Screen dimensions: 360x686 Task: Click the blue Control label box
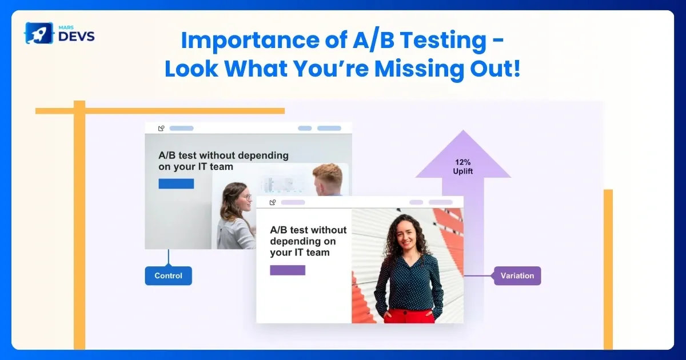[168, 275]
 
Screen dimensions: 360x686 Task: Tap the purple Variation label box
[517, 275]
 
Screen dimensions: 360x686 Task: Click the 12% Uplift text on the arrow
[463, 166]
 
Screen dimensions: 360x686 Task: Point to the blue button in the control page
[176, 183]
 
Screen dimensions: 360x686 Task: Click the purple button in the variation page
[288, 270]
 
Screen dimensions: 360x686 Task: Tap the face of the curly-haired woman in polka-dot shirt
[407, 231]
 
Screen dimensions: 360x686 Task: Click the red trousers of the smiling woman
[408, 315]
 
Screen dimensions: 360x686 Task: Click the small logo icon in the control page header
[161, 129]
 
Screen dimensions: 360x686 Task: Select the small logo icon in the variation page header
[273, 202]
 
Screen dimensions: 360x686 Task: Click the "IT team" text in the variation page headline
[309, 252]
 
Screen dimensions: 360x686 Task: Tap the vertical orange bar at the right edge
[608, 269]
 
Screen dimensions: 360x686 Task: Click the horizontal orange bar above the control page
[171, 111]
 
